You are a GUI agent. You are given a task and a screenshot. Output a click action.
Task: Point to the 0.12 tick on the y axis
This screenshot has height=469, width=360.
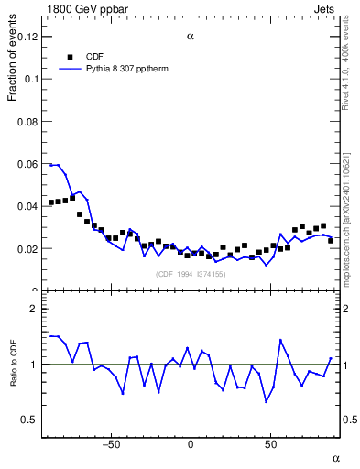tap(27, 37)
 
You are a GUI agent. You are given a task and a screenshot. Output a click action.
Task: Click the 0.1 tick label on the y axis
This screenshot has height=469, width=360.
tap(31, 79)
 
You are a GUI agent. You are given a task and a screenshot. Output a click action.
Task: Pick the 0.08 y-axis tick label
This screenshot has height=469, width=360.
tap(27, 121)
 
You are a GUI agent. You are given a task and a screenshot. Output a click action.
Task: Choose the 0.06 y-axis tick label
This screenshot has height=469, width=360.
tap(27, 164)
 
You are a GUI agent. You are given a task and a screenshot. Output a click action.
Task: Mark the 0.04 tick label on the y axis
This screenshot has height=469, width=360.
tap(27, 206)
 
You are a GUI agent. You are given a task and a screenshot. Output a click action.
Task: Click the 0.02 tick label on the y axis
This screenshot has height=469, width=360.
tap(27, 248)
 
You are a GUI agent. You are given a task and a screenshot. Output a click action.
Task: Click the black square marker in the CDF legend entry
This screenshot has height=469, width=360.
tap(70, 56)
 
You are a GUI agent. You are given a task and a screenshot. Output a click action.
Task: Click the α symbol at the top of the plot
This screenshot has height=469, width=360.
tap(190, 37)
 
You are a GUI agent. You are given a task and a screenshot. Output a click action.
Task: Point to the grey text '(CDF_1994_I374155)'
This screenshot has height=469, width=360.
tap(190, 275)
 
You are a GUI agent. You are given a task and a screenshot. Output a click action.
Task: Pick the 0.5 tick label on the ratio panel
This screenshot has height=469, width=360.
tap(30, 420)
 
